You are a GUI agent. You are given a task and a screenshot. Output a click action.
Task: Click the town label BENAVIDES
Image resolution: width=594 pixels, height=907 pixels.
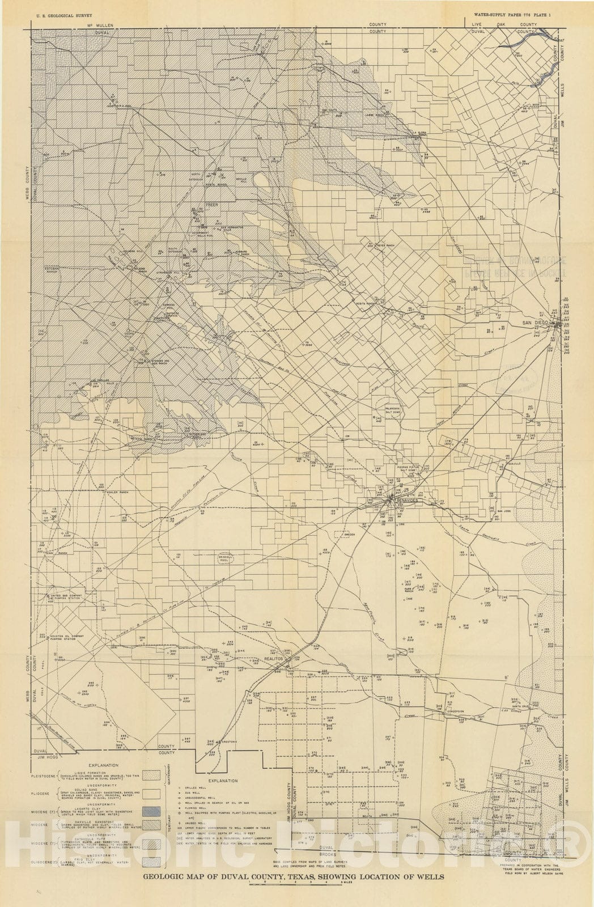pyautogui.click(x=405, y=502)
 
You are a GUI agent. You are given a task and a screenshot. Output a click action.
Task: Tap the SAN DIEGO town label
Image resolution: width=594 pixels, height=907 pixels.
pyautogui.click(x=536, y=323)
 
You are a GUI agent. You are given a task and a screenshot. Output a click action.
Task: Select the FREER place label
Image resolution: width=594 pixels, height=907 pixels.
pyautogui.click(x=211, y=205)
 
